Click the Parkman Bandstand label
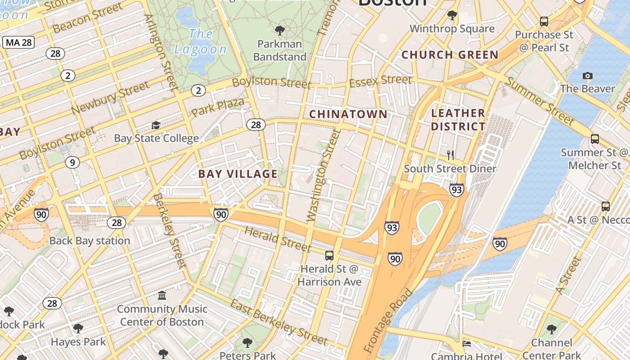click(279, 50)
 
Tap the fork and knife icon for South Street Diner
click(450, 155)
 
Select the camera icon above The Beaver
click(587, 76)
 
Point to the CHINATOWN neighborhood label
click(348, 114)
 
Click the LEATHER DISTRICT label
click(458, 120)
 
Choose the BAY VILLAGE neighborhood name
click(238, 174)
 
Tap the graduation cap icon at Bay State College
click(156, 125)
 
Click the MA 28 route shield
click(18, 43)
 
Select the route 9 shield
click(72, 162)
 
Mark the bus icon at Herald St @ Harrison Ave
click(329, 256)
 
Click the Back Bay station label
click(90, 241)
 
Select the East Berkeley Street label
click(279, 321)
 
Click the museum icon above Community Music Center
click(162, 296)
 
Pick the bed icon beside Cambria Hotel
click(467, 344)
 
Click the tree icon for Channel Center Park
click(551, 329)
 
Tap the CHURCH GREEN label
click(450, 55)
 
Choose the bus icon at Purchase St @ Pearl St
click(544, 21)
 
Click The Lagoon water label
click(201, 41)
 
